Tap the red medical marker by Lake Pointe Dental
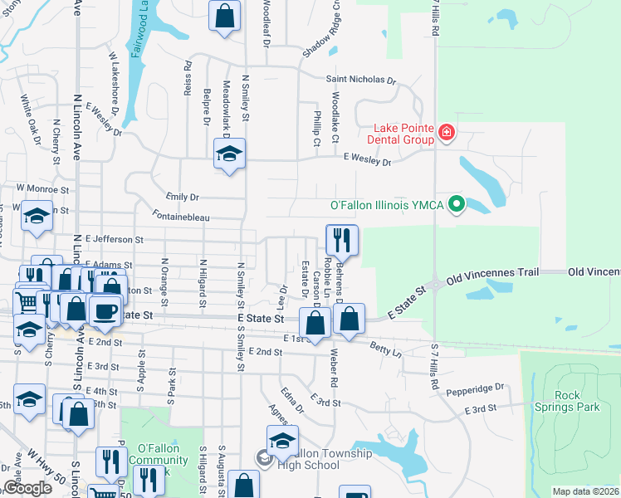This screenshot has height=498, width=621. point(446,133)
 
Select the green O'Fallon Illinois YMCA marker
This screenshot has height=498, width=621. point(456,203)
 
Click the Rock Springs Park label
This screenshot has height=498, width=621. point(568,402)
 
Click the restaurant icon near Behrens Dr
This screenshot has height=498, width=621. point(342,241)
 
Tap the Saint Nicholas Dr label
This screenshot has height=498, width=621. point(360,80)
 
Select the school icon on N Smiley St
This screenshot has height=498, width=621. point(229,154)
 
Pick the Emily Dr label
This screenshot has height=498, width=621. point(183,197)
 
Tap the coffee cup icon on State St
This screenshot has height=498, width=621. point(105,311)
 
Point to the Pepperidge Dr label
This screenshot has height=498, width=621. point(477,388)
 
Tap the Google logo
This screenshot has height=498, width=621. point(27,488)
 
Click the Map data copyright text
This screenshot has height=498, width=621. point(584,491)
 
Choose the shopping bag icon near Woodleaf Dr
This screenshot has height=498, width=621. point(224,16)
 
